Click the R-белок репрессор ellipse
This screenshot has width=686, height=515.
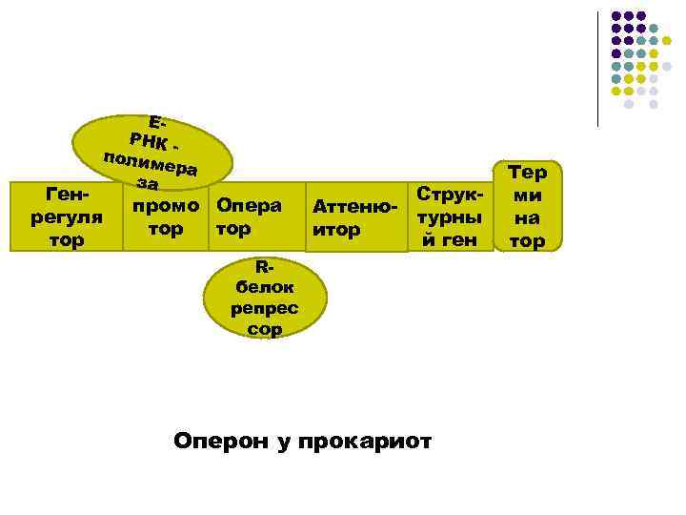pos(266,299)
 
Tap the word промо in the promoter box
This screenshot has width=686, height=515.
pos(167,205)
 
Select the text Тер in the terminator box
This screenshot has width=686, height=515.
pos(527,173)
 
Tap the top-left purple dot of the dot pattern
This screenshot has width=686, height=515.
pos(616,16)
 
